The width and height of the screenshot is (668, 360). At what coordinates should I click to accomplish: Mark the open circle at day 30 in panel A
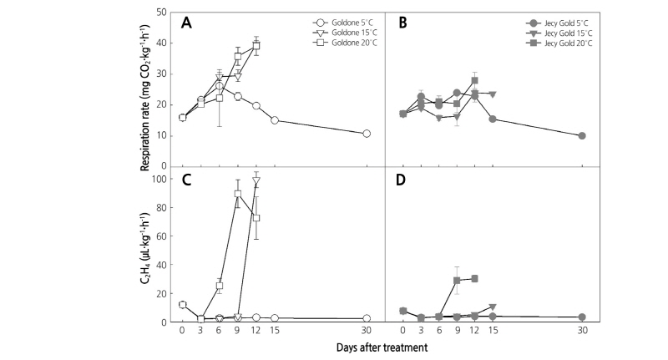367,134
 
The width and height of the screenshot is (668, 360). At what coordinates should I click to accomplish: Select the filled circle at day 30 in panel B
582,135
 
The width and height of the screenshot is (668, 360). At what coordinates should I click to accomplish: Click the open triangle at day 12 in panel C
256,180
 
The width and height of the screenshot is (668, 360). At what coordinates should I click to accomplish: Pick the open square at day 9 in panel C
238,194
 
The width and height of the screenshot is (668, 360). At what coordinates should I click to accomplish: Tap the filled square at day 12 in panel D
474,278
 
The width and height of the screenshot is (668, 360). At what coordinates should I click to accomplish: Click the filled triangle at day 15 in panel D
493,307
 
